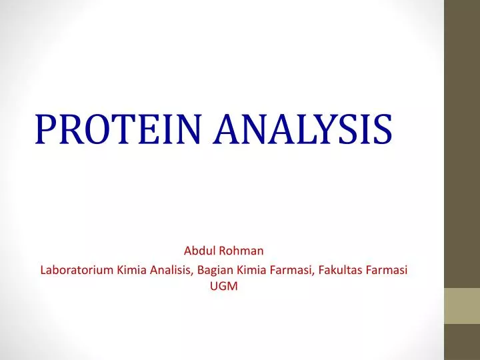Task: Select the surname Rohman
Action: (x=245, y=251)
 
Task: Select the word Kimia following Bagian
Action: (x=250, y=270)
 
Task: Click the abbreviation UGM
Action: (x=224, y=287)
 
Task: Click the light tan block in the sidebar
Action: (x=462, y=306)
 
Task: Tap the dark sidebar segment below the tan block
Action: (x=462, y=342)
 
